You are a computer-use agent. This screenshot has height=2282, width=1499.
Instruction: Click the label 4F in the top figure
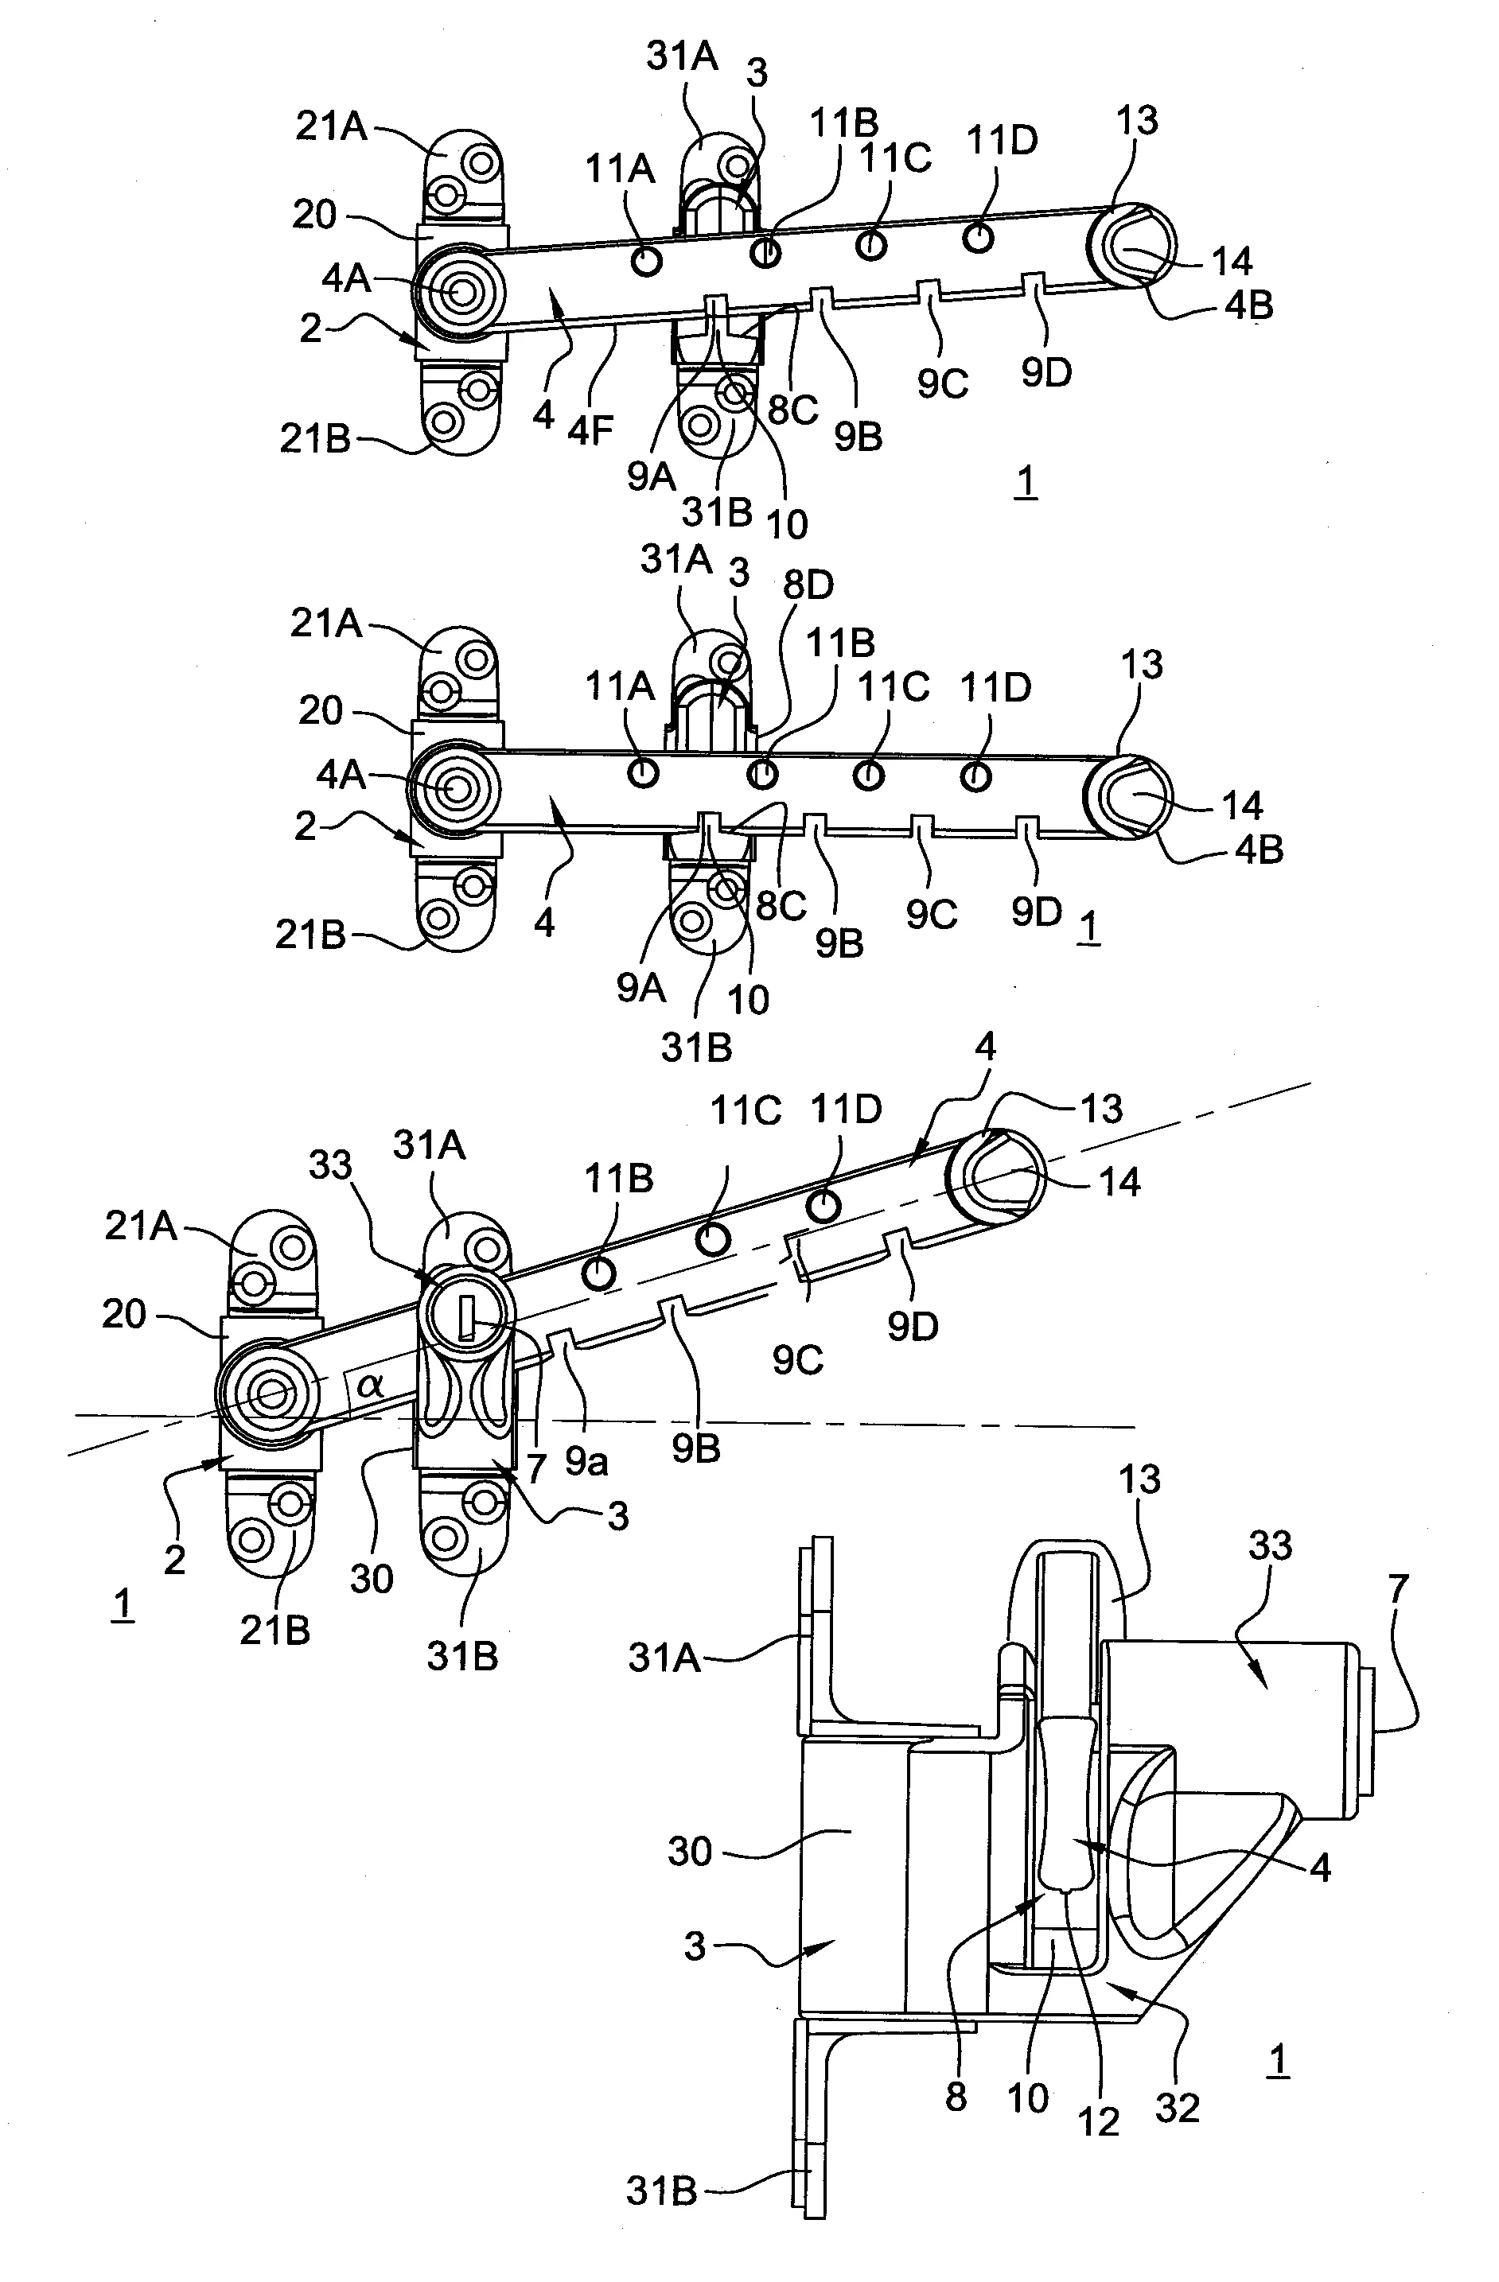(x=590, y=430)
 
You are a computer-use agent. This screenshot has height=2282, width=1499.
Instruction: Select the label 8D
(x=808, y=585)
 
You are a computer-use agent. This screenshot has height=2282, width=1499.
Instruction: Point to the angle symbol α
(x=371, y=1385)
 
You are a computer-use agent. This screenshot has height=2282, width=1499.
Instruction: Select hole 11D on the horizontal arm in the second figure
(x=975, y=776)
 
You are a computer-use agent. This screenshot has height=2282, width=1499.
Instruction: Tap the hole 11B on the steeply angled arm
(x=598, y=1273)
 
